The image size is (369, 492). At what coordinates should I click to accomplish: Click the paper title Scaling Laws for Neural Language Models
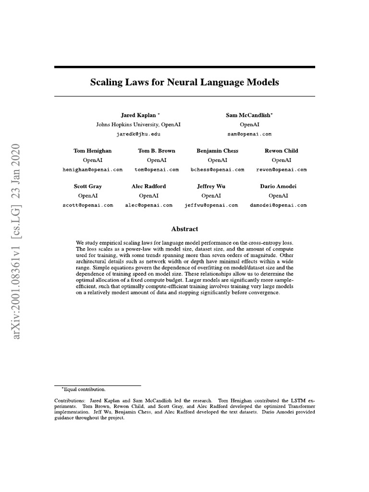click(x=184, y=82)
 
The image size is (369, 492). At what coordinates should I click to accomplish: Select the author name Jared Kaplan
click(x=138, y=115)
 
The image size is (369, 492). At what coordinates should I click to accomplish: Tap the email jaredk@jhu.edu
click(x=138, y=134)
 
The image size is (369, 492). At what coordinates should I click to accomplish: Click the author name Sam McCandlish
click(x=249, y=115)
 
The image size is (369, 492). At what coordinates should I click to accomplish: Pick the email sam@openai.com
click(x=249, y=134)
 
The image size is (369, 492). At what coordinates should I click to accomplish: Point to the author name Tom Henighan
click(x=93, y=151)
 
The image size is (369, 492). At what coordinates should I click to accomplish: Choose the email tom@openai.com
click(x=157, y=170)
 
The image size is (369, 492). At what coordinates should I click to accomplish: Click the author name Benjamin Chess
click(x=217, y=151)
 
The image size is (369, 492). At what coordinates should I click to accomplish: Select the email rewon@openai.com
click(x=282, y=170)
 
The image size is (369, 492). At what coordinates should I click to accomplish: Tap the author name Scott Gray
click(x=87, y=186)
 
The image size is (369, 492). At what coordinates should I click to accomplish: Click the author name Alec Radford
click(x=148, y=186)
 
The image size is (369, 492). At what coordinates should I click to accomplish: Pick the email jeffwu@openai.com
click(x=211, y=205)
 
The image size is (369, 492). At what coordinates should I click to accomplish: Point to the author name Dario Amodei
click(x=278, y=186)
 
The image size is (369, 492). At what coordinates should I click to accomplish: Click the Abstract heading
click(x=184, y=229)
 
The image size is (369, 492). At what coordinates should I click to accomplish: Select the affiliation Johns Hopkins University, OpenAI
click(x=138, y=124)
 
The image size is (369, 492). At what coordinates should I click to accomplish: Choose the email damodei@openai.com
click(x=278, y=205)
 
